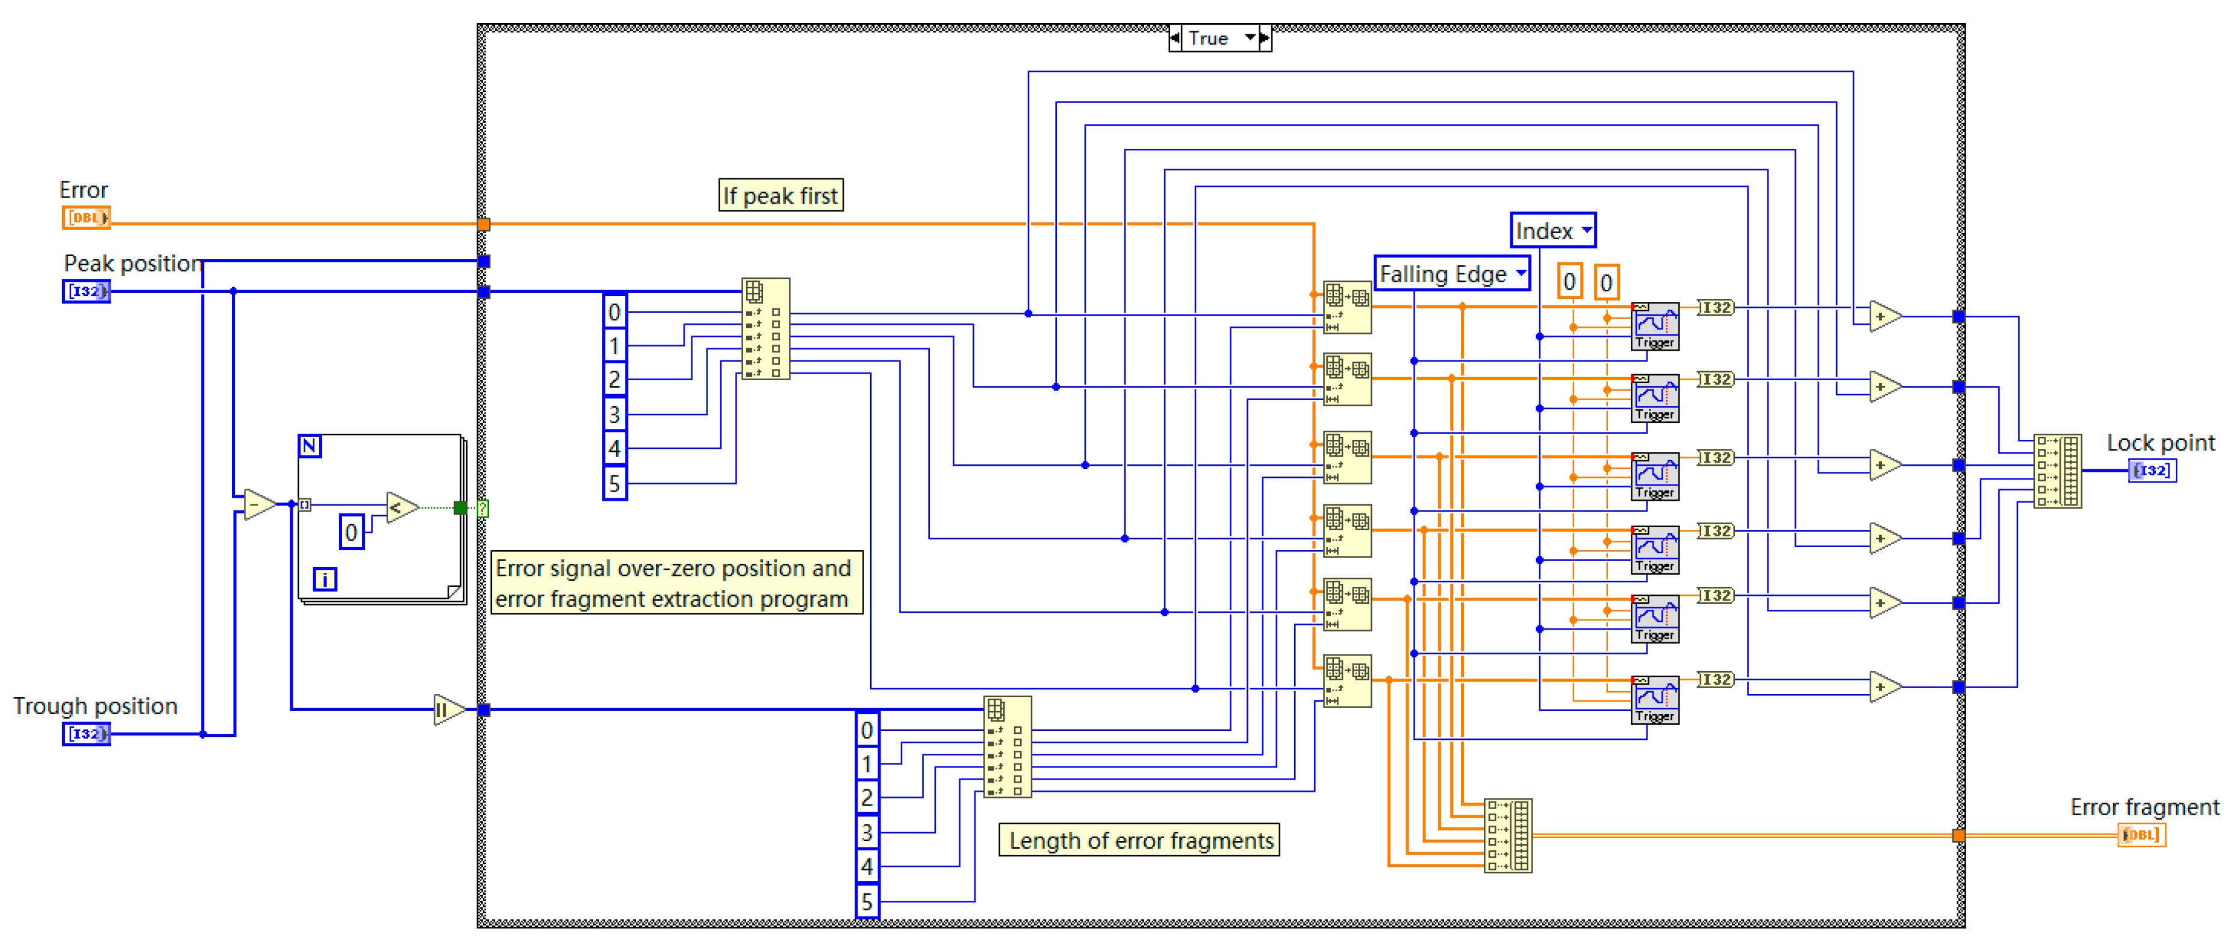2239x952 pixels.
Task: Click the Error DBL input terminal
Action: pyautogui.click(x=86, y=218)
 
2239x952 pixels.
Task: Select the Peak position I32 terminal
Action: pyautogui.click(x=86, y=291)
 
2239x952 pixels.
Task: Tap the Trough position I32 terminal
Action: pyautogui.click(x=86, y=734)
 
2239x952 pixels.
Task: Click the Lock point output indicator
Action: pyautogui.click(x=2151, y=471)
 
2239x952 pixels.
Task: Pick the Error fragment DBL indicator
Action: pyautogui.click(x=2141, y=835)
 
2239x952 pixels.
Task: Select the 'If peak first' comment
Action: pyautogui.click(x=780, y=196)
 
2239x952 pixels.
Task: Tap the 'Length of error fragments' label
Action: pyautogui.click(x=1139, y=840)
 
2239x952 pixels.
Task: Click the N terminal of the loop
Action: pyautogui.click(x=310, y=446)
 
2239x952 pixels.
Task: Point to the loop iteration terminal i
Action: pyautogui.click(x=324, y=579)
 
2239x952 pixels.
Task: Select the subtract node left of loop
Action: pyautogui.click(x=258, y=504)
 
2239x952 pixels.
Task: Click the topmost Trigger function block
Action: pyautogui.click(x=1655, y=326)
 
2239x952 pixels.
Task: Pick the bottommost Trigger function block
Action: pyautogui.click(x=1655, y=700)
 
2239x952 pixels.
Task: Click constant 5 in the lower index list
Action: pyautogui.click(x=867, y=901)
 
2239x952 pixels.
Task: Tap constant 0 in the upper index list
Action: pyautogui.click(x=614, y=312)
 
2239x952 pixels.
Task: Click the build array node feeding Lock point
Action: pyautogui.click(x=2057, y=471)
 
